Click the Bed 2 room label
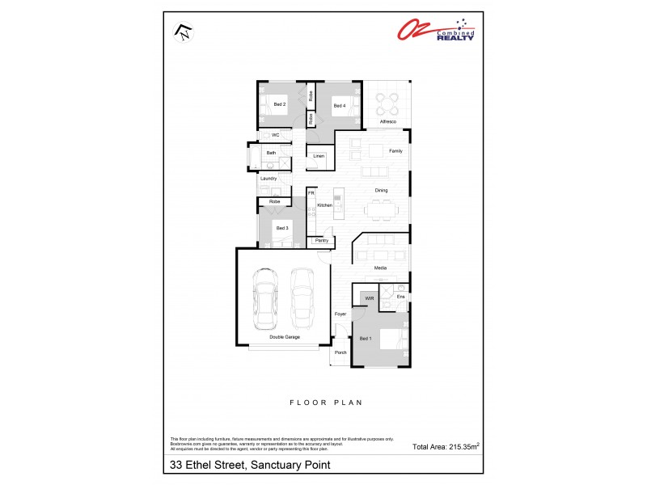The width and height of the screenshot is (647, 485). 279,105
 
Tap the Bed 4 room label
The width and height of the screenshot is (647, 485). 340,105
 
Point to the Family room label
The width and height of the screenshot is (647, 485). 395,151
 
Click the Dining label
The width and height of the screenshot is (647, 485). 381,191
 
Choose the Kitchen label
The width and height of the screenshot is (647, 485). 325,205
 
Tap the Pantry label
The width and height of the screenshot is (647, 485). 321,240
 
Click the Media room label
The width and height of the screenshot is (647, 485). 380,268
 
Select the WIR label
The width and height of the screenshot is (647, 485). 370,298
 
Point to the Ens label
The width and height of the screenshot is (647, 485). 400,297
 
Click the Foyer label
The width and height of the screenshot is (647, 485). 340,314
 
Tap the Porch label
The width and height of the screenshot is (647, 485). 340,352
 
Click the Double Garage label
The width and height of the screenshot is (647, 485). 285,337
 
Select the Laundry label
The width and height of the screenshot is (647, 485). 269,178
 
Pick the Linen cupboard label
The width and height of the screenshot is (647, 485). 318,155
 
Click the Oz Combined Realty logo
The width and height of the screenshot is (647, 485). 435,30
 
